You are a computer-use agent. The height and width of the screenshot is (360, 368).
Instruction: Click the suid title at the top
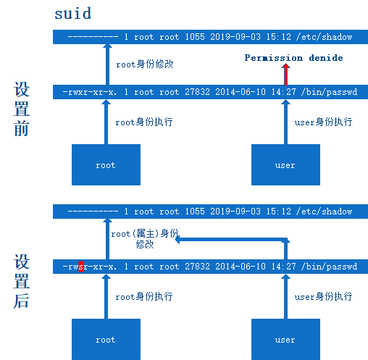click(73, 14)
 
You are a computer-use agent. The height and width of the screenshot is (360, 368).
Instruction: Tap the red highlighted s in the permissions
click(81, 267)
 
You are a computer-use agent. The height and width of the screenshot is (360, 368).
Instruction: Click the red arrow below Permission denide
click(285, 74)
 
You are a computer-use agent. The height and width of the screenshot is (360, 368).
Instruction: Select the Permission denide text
click(293, 58)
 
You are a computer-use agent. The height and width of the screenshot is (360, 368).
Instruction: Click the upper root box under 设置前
click(106, 164)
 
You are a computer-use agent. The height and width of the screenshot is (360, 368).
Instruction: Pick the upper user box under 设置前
click(285, 164)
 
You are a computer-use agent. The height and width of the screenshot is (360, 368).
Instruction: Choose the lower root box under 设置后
click(106, 339)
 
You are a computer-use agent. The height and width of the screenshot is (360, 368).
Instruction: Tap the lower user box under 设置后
click(285, 339)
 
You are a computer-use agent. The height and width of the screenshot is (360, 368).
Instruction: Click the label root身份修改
click(145, 64)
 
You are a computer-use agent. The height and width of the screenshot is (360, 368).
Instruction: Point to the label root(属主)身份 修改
click(145, 239)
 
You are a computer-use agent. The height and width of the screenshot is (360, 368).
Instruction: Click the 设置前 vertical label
click(22, 109)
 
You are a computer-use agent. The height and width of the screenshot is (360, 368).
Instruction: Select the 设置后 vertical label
click(22, 281)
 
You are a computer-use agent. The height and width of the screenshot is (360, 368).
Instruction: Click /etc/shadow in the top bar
click(324, 37)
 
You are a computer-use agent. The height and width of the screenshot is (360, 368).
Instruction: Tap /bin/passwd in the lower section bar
click(329, 267)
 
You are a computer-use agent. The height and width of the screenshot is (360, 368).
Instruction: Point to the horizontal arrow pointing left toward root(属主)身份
click(233, 240)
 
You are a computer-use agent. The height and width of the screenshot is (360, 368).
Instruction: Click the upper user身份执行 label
click(323, 122)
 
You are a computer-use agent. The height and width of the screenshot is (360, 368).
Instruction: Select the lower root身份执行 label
click(144, 296)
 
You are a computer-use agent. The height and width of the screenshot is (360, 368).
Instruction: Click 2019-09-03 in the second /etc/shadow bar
click(235, 212)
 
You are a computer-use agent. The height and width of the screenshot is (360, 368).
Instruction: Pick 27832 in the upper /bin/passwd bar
click(198, 92)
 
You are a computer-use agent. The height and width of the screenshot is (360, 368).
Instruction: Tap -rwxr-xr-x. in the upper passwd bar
click(90, 92)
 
